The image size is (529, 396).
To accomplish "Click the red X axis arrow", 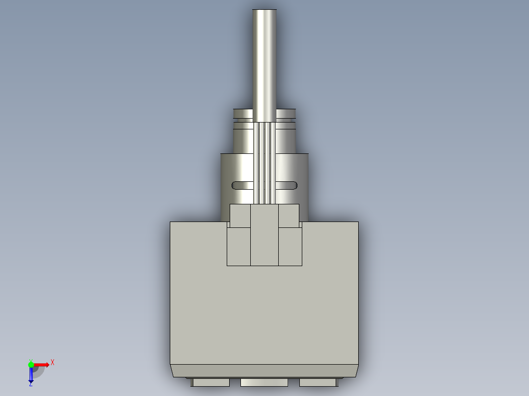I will click(43, 365).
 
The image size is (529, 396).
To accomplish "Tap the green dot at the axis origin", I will click(31, 364).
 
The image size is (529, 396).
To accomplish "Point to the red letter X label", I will click(53, 362).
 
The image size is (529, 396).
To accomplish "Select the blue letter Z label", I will click(30, 385).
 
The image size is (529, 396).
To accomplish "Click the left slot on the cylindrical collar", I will click(242, 185).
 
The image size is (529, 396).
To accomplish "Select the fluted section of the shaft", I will click(264, 162).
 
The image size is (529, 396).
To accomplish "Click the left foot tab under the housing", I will click(211, 382).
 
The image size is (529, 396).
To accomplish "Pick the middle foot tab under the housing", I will click(264, 382).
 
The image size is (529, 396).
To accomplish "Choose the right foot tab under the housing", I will click(317, 382).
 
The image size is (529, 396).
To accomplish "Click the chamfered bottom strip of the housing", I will click(264, 371).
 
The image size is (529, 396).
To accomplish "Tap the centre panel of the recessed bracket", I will click(264, 235).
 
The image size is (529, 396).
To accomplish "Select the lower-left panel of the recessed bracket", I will click(238, 247).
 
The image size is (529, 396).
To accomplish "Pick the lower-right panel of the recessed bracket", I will click(290, 247).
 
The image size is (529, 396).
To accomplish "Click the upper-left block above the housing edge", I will click(240, 216).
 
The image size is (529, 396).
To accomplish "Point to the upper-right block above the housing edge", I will click(289, 216).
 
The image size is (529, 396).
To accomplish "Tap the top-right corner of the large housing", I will click(357, 223).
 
